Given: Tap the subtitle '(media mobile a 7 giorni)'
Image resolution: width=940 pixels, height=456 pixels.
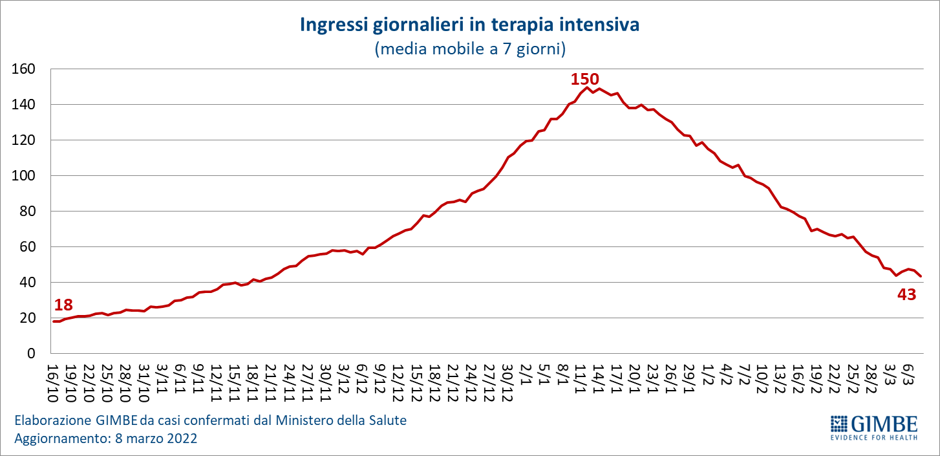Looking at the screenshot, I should click(470, 49).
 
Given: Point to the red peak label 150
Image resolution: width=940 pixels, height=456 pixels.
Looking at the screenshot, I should click(585, 79).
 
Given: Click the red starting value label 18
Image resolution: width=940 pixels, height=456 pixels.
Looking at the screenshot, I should click(63, 305).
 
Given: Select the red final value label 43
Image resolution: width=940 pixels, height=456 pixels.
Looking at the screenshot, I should click(907, 294).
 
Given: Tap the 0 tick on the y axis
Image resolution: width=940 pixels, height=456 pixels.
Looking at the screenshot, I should click(31, 353).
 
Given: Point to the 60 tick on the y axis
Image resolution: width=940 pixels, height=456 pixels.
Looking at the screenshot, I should click(27, 246).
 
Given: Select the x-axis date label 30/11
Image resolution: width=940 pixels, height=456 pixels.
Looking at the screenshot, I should click(327, 382).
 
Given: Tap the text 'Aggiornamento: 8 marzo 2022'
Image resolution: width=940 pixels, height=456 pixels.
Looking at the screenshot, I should click(106, 438).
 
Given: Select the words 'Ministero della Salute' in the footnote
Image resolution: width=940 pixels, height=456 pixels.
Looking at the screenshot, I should click(341, 420).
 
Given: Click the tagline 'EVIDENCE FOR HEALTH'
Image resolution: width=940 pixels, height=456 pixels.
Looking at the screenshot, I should click(873, 438).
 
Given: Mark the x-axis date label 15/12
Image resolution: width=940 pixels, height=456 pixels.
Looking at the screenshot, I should click(418, 382).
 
